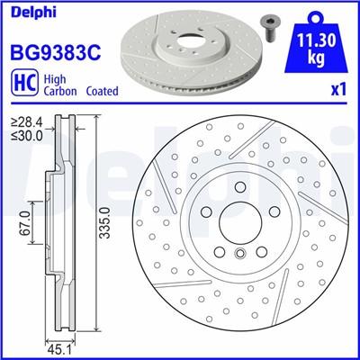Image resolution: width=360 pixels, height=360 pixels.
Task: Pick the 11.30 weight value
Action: tap(313, 41)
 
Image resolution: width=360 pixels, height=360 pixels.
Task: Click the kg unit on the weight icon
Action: tap(313, 58)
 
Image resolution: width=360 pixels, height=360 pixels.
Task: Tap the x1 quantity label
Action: tap(338, 90)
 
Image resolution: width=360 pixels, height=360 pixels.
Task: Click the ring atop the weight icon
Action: tap(313, 15)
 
